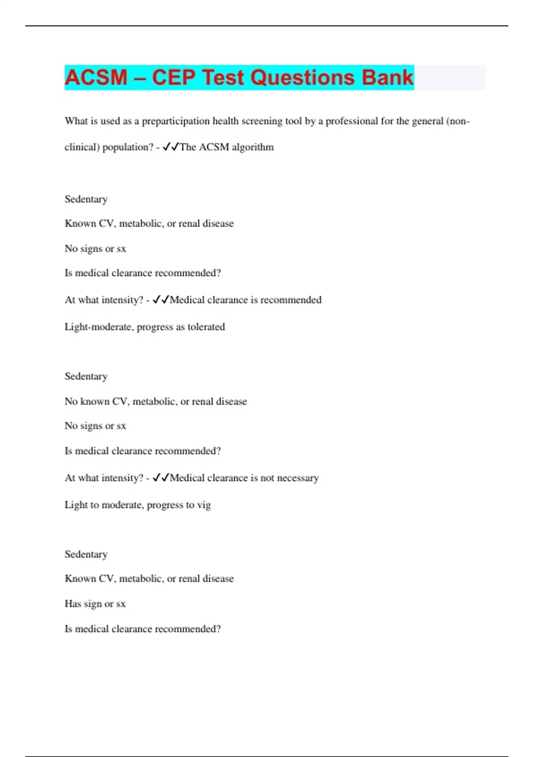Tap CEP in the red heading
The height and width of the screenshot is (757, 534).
173,77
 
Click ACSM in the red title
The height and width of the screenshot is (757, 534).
96,77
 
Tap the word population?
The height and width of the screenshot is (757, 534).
128,147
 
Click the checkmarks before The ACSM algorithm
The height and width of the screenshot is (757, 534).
171,147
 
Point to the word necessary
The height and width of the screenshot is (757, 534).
298,478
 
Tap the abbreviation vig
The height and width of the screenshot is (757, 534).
204,505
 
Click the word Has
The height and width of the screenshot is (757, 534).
73,604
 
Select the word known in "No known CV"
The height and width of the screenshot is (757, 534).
95,401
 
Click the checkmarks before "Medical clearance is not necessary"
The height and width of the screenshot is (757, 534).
161,477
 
